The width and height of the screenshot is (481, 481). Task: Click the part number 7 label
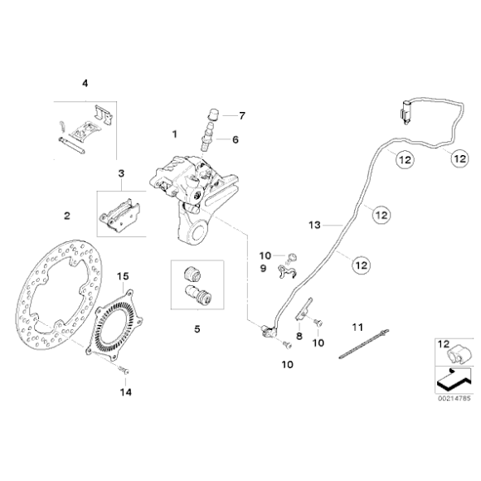coord(242,116)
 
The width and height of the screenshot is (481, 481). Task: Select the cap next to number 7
coord(212,114)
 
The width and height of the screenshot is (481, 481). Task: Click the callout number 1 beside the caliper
coord(174,134)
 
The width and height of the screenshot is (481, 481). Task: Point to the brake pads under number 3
coord(119,212)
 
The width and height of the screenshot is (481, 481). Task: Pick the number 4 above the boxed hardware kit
coord(85,83)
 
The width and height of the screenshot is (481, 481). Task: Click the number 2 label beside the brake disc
coord(67,216)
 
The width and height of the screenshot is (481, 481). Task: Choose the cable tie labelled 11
coord(364,343)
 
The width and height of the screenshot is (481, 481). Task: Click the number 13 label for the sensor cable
coord(314,226)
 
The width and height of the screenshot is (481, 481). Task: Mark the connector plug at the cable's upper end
coord(406,112)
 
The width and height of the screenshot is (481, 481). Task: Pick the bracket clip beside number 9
coord(287,272)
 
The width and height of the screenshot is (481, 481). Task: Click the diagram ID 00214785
coord(454,398)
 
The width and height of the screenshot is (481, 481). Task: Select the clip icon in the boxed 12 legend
coord(457,353)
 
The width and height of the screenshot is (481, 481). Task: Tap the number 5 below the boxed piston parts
coord(197,329)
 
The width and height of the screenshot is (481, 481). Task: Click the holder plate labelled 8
coord(304,309)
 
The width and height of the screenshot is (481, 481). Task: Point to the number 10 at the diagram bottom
coord(288,364)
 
